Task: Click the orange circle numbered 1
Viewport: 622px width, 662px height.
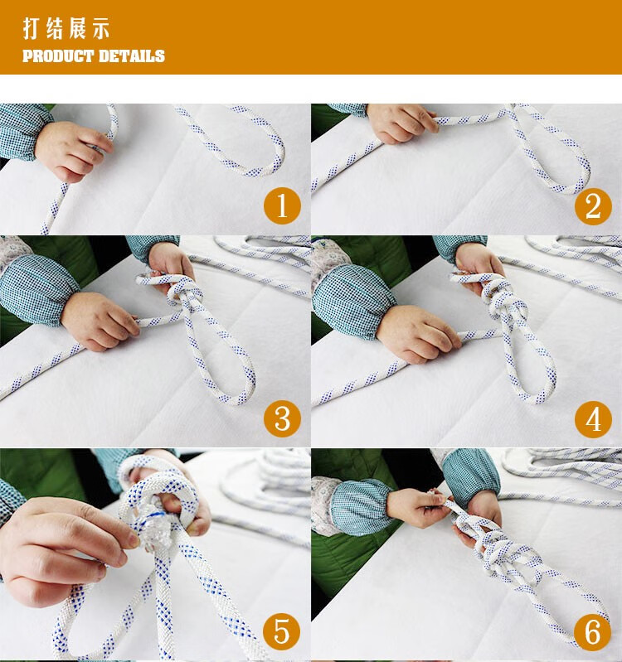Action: point(282,206)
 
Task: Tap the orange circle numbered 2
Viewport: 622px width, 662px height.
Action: point(593,206)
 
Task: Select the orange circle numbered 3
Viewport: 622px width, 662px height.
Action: point(282,418)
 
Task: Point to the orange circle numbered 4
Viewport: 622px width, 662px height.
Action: point(593,418)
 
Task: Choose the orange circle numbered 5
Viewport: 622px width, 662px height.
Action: point(282,631)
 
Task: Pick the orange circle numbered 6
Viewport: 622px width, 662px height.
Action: point(593,631)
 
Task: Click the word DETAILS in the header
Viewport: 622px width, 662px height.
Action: point(131,56)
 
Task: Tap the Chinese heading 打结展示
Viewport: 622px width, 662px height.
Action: point(66,29)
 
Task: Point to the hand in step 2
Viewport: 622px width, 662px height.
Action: point(401,123)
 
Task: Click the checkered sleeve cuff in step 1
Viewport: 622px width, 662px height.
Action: point(21,131)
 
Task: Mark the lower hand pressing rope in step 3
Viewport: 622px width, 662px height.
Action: point(100,321)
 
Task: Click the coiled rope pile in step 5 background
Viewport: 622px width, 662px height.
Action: point(270,486)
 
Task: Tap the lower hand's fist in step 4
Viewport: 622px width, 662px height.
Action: point(418,334)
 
